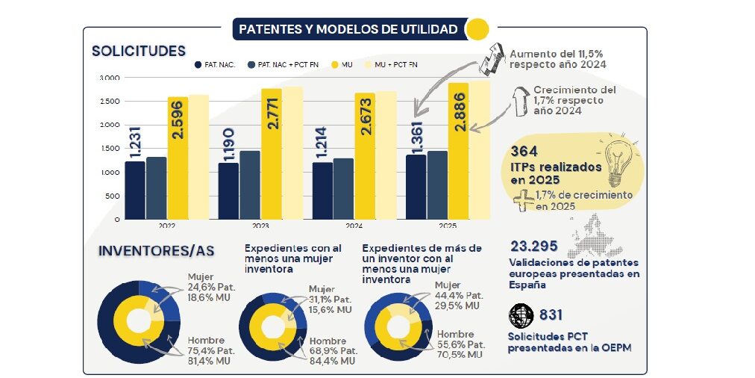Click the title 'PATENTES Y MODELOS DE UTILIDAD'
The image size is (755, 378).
tap(348, 30)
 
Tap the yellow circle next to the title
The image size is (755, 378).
tap(477, 30)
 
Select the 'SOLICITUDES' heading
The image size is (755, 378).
tap(138, 52)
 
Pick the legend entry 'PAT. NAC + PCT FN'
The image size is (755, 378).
tap(284, 65)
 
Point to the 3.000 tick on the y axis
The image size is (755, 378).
tap(109, 78)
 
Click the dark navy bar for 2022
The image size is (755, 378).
tap(135, 190)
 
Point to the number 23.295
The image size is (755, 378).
tap(536, 247)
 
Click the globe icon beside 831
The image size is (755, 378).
tap(520, 315)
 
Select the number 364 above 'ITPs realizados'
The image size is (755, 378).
tap(524, 152)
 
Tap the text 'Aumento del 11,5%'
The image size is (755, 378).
tap(557, 54)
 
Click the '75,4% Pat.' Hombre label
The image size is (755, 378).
tap(212, 350)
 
